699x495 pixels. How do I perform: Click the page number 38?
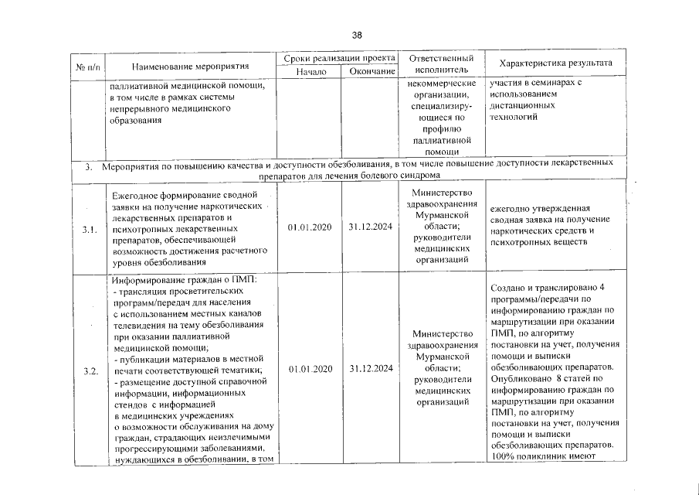[x=356, y=35]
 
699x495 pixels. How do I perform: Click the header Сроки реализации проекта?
[x=339, y=58]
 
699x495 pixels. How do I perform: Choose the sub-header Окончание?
[x=369, y=71]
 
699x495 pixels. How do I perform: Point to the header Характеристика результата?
[x=555, y=63]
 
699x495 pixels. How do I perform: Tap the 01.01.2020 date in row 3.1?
[x=309, y=228]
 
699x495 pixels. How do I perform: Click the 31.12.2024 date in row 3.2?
[x=370, y=370]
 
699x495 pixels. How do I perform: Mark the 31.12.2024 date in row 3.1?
[x=370, y=228]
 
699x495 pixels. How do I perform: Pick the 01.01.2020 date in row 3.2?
[x=309, y=370]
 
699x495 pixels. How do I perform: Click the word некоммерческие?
[x=439, y=83]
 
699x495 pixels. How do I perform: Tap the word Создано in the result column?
[x=508, y=288]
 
